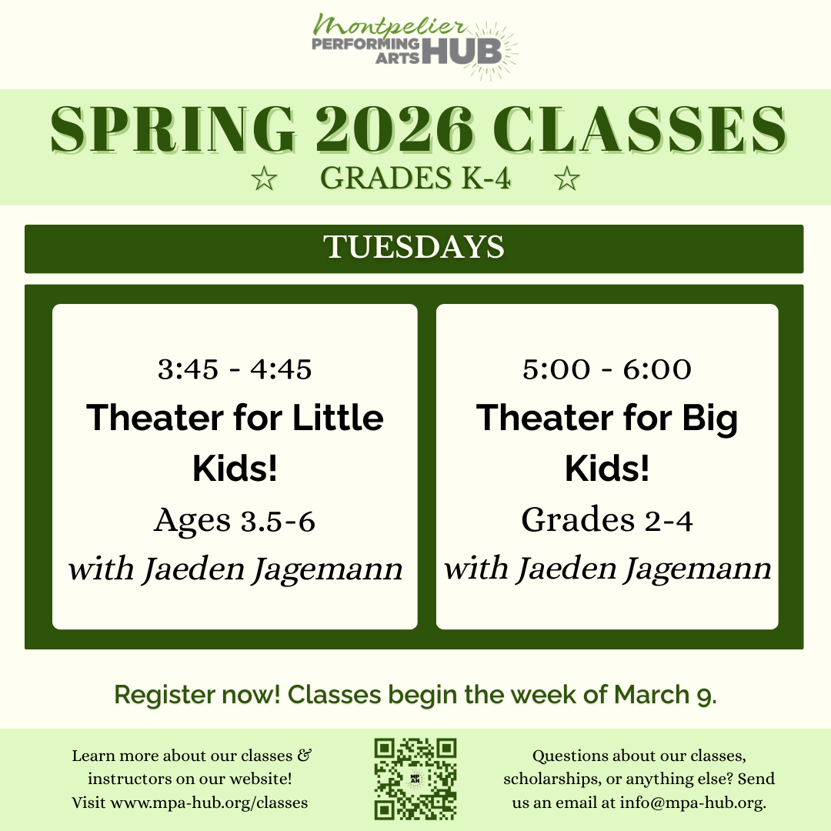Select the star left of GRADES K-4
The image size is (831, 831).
tap(264, 179)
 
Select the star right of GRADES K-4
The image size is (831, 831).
tap(567, 179)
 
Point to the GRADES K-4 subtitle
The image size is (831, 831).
tap(415, 179)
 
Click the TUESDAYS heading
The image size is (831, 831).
tap(414, 248)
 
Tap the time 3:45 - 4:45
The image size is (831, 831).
tap(235, 370)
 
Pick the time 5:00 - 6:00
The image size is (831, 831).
tap(607, 370)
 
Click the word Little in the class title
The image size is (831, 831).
tap(339, 418)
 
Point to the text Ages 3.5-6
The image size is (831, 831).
tap(235, 521)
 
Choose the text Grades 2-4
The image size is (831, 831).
tap(607, 521)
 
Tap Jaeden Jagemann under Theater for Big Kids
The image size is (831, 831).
tap(642, 569)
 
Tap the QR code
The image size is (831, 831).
tap(415, 779)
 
